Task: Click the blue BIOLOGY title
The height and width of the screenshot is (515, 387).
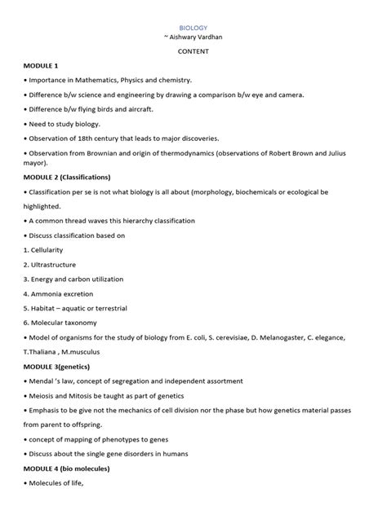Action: coord(193,27)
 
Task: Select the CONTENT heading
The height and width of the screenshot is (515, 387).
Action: coord(193,51)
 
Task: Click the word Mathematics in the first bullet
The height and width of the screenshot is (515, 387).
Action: coord(91,80)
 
